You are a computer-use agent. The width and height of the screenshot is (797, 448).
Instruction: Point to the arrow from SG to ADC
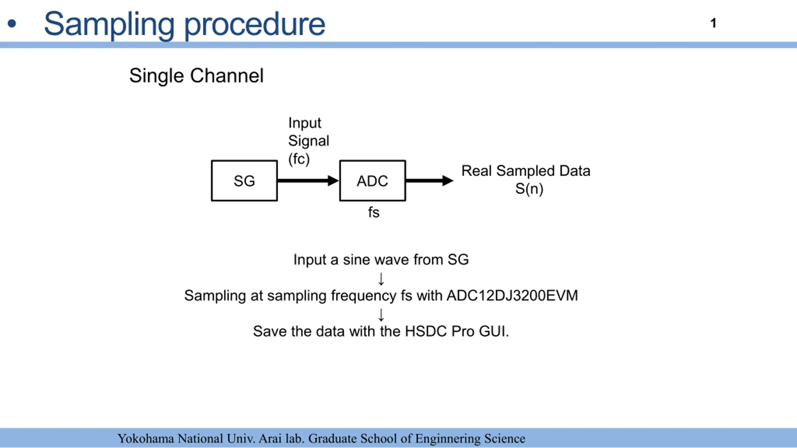[x=308, y=181]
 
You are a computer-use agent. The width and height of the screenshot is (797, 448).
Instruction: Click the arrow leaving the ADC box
[x=430, y=181]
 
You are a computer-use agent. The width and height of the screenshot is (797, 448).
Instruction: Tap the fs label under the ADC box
[x=374, y=212]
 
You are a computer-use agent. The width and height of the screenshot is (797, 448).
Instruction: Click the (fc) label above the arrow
[x=299, y=159]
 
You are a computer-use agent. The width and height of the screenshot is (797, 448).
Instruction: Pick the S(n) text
[x=529, y=189]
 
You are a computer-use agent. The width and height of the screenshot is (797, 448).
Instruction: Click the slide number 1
[x=713, y=23]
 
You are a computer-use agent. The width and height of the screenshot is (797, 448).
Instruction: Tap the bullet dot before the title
[x=12, y=24]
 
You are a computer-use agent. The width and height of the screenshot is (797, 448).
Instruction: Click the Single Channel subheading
[x=196, y=76]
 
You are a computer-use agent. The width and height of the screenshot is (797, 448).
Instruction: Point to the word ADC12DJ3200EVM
[x=512, y=295]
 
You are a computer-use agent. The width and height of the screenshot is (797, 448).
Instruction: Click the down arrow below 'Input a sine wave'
[x=381, y=279]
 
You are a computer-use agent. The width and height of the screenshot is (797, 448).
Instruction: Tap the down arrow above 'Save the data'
[x=381, y=315]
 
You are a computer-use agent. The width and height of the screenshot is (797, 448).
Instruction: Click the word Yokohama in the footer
[x=146, y=439]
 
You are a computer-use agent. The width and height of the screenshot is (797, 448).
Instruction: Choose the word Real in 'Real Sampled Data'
[x=476, y=171]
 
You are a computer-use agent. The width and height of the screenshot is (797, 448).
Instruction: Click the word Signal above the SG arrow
[x=309, y=141]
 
